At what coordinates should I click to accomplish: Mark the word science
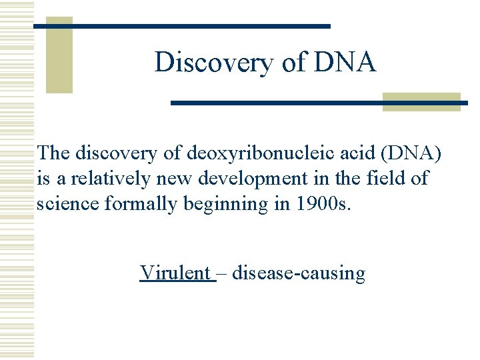[68, 203]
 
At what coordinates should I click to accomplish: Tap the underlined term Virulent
[175, 273]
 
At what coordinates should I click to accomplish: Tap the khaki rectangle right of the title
[421, 101]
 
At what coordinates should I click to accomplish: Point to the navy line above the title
[181, 26]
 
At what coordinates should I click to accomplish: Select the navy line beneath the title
[319, 103]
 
